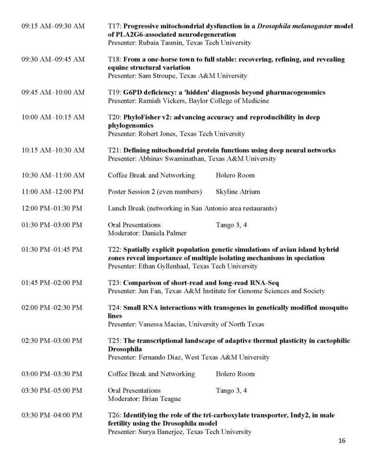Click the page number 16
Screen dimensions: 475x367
click(342, 441)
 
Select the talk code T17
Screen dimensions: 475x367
click(114, 26)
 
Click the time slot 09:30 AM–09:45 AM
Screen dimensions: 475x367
click(53, 59)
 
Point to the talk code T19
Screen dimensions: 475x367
click(114, 92)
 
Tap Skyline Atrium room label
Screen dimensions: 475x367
click(238, 192)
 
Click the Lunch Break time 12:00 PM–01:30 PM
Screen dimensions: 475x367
click(52, 208)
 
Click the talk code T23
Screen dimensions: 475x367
click(114, 282)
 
